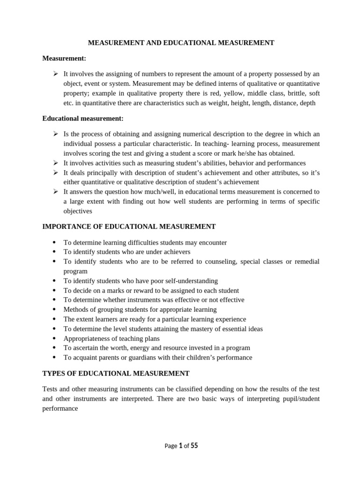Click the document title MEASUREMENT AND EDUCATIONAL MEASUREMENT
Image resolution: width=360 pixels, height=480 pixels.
pos(181,43)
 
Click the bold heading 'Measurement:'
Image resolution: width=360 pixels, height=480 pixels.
pos(64,58)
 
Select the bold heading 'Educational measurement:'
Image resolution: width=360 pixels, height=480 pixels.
pos(83,119)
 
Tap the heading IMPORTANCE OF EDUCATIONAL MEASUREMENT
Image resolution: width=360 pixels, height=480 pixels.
pos(129,226)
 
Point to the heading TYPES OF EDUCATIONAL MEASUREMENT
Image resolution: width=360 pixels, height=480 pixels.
pos(116,373)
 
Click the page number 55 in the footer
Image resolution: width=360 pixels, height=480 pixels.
pos(194,446)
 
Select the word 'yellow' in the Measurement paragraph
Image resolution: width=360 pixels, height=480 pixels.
pos(225,93)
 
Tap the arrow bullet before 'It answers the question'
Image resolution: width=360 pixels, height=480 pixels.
pos(55,191)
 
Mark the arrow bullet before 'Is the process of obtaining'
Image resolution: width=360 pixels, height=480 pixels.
pos(55,134)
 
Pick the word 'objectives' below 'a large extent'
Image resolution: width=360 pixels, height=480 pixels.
pos(78,211)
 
